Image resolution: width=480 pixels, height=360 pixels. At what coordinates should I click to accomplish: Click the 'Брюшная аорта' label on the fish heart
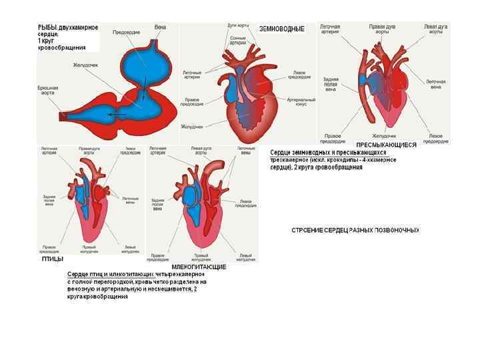[x=48, y=89]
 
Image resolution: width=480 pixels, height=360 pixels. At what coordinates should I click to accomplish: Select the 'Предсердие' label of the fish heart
[x=126, y=32]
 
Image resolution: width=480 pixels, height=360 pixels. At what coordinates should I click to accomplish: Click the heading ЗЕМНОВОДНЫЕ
[x=281, y=29]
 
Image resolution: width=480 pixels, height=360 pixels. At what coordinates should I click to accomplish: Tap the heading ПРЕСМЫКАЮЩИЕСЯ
[x=386, y=145]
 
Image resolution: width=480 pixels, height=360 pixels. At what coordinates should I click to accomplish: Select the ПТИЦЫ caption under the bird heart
[x=53, y=258]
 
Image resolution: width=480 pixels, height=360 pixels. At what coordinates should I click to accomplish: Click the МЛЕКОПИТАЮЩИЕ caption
[x=199, y=267]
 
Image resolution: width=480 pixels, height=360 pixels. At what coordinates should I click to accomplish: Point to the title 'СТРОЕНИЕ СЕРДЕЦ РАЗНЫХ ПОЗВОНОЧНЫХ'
[x=355, y=230]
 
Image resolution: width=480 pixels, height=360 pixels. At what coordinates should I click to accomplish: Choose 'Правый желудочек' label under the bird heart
[x=89, y=249]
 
